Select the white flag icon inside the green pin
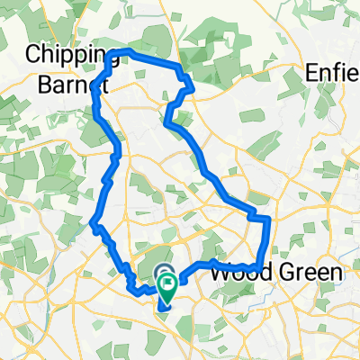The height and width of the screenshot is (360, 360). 168,284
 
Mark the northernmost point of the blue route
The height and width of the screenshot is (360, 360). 126,51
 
